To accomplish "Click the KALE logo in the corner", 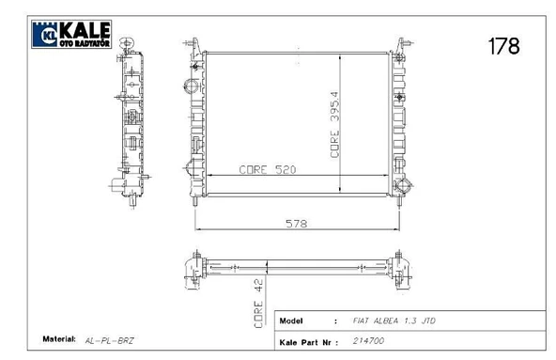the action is [x=71, y=34].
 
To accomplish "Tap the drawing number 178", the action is [x=503, y=46].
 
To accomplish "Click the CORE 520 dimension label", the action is [x=268, y=170].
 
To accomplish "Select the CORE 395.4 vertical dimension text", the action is [x=334, y=125].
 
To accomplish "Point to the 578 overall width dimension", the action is [x=297, y=224].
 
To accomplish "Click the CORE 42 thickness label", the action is [x=258, y=304].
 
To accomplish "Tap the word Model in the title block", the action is [x=291, y=321].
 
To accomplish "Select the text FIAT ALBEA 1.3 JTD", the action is [x=394, y=321].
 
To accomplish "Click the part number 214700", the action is [x=368, y=341].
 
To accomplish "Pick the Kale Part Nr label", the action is [x=305, y=342].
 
